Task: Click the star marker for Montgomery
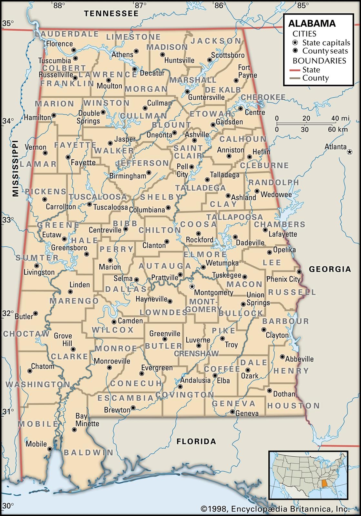tap(192, 286)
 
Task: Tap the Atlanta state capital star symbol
tap(349, 152)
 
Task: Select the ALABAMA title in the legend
tap(312, 23)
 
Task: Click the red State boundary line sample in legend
tap(295, 70)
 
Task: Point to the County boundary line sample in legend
tap(295, 78)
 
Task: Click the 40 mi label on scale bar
tap(340, 118)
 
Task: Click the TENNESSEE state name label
tap(111, 14)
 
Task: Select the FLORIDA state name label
tap(196, 441)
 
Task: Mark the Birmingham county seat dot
tap(149, 173)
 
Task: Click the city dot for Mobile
tap(50, 449)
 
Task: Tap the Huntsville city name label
tap(179, 60)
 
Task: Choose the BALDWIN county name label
tap(88, 453)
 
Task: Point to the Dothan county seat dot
tap(269, 391)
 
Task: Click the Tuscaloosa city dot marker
tap(89, 204)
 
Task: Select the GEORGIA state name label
tap(330, 269)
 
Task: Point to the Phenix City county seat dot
tap(299, 272)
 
